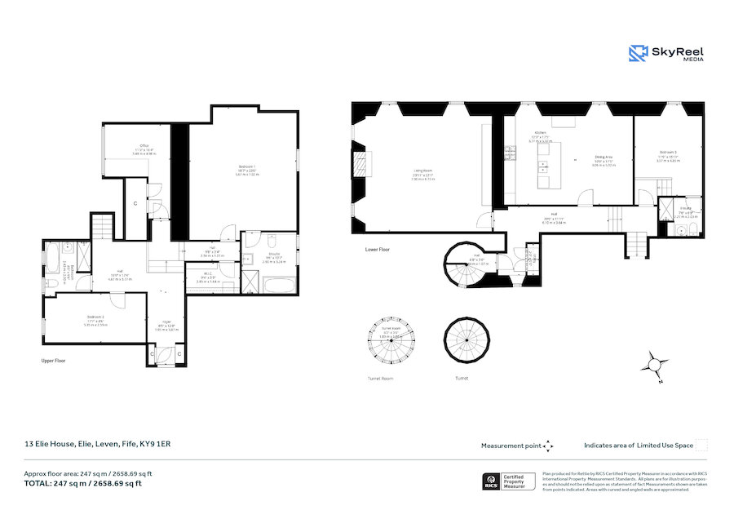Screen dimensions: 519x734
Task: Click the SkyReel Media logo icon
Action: coord(639,53)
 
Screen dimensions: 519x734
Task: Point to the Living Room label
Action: coord(422,171)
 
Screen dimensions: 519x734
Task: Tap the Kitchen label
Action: coord(539,132)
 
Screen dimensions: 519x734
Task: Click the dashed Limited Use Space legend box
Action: coord(701,445)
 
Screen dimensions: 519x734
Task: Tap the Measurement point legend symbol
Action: coord(548,446)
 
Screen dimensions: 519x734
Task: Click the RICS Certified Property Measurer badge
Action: coord(511,481)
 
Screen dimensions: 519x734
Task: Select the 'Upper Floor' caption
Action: coord(55,359)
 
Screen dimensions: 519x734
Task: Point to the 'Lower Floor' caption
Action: coord(378,251)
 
